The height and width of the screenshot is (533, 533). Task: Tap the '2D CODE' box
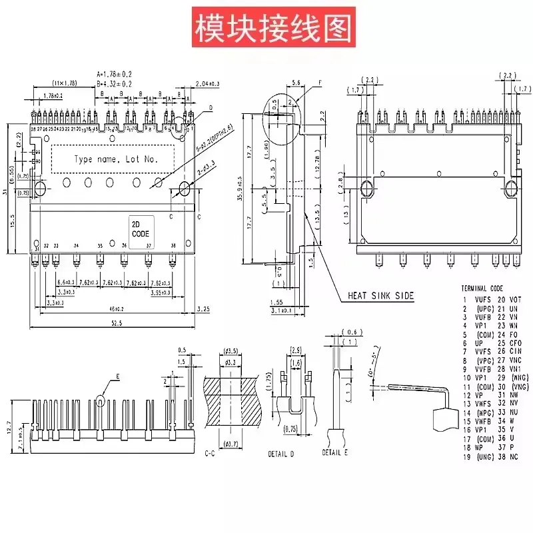pyautogui.click(x=141, y=229)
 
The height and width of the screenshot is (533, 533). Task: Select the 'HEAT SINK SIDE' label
pyautogui.click(x=380, y=295)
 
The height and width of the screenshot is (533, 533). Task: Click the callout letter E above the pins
pyautogui.click(x=117, y=377)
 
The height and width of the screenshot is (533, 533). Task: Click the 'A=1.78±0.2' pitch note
pyautogui.click(x=114, y=74)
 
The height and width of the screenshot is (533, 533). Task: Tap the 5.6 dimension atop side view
pyautogui.click(x=296, y=82)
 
